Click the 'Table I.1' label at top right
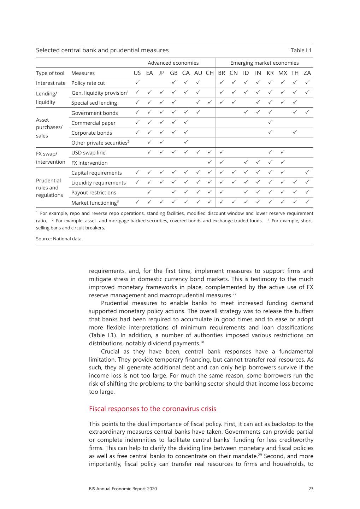click(x=301, y=51)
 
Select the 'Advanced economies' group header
click(x=173, y=63)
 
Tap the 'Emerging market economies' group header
click(x=264, y=63)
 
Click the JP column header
click(x=161, y=73)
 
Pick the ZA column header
click(x=307, y=73)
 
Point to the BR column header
click(x=222, y=73)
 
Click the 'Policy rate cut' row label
click(x=88, y=83)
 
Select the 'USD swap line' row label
click(x=88, y=153)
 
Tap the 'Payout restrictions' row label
click(x=94, y=193)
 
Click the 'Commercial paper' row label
click(x=93, y=123)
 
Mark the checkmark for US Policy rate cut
click(x=137, y=82)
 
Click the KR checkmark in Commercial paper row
click(x=270, y=122)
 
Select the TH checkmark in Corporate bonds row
click(x=295, y=132)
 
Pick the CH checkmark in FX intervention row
click(x=209, y=162)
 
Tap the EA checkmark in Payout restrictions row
click(x=149, y=192)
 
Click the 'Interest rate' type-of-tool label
click(x=51, y=83)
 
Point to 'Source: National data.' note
click(x=59, y=239)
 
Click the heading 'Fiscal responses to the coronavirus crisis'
click(x=152, y=409)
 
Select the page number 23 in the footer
click(x=311, y=489)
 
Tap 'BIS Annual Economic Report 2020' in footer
click(x=123, y=489)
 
